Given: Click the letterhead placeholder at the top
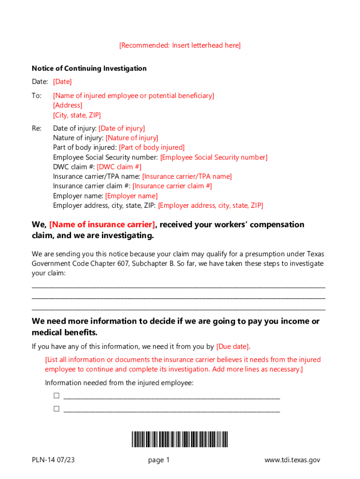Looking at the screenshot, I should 180,45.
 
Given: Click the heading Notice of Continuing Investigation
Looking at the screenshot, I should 89,68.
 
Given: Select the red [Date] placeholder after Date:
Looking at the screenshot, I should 62,82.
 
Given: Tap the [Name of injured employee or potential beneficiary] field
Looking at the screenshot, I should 133,95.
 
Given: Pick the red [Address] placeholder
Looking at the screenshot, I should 67,105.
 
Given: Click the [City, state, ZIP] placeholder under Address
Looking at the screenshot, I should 77,115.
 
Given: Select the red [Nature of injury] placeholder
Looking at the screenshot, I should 132,138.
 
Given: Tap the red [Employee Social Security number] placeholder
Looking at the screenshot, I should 214,157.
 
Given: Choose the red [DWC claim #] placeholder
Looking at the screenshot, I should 119,167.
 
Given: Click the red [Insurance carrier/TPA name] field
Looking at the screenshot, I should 187,176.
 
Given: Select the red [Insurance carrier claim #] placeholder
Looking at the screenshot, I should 173,186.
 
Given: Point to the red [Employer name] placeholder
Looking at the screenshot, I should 131,196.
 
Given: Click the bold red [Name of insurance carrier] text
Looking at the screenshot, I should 102,225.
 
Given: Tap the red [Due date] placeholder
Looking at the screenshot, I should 233,347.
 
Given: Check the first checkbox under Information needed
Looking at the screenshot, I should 57,396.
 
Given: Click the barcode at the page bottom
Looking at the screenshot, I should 180,439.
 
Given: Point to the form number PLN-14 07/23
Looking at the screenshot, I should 53,460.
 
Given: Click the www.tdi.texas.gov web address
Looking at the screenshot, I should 292,460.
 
